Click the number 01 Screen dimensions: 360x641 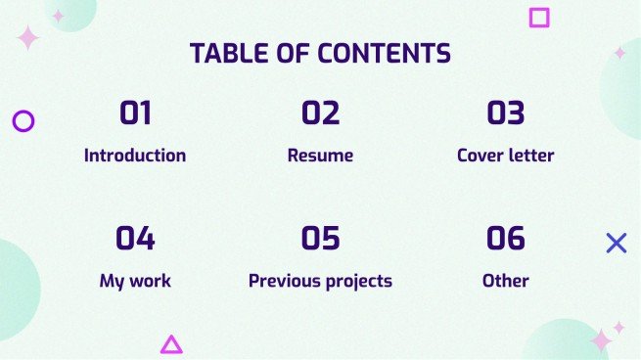coord(135,113)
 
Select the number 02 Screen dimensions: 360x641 coord(320,113)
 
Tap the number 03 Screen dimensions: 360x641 coord(506,113)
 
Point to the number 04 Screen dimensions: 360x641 coord(135,238)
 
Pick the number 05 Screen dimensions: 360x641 coord(320,238)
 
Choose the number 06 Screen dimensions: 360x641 coord(506,238)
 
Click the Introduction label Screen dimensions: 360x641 coord(135,155)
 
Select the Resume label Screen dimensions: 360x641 coord(320,155)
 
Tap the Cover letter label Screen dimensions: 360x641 coord(506,155)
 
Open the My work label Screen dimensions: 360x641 coord(135,281)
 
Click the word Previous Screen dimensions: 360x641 coord(284,281)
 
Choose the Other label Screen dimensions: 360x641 coord(506,281)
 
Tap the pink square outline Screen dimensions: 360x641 coord(539,17)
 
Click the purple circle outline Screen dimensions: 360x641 coord(23,121)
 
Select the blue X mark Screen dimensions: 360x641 coord(617,244)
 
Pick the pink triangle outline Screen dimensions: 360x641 coord(171,343)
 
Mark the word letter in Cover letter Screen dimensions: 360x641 coord(530,155)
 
